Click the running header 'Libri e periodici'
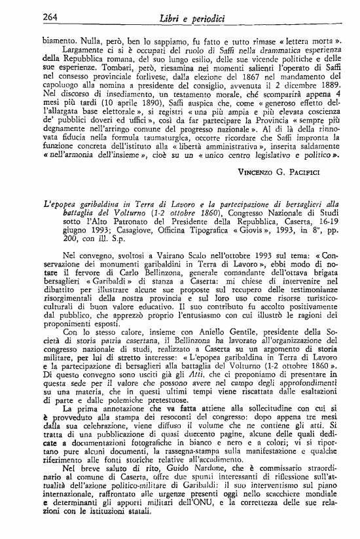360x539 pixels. (189, 17)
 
